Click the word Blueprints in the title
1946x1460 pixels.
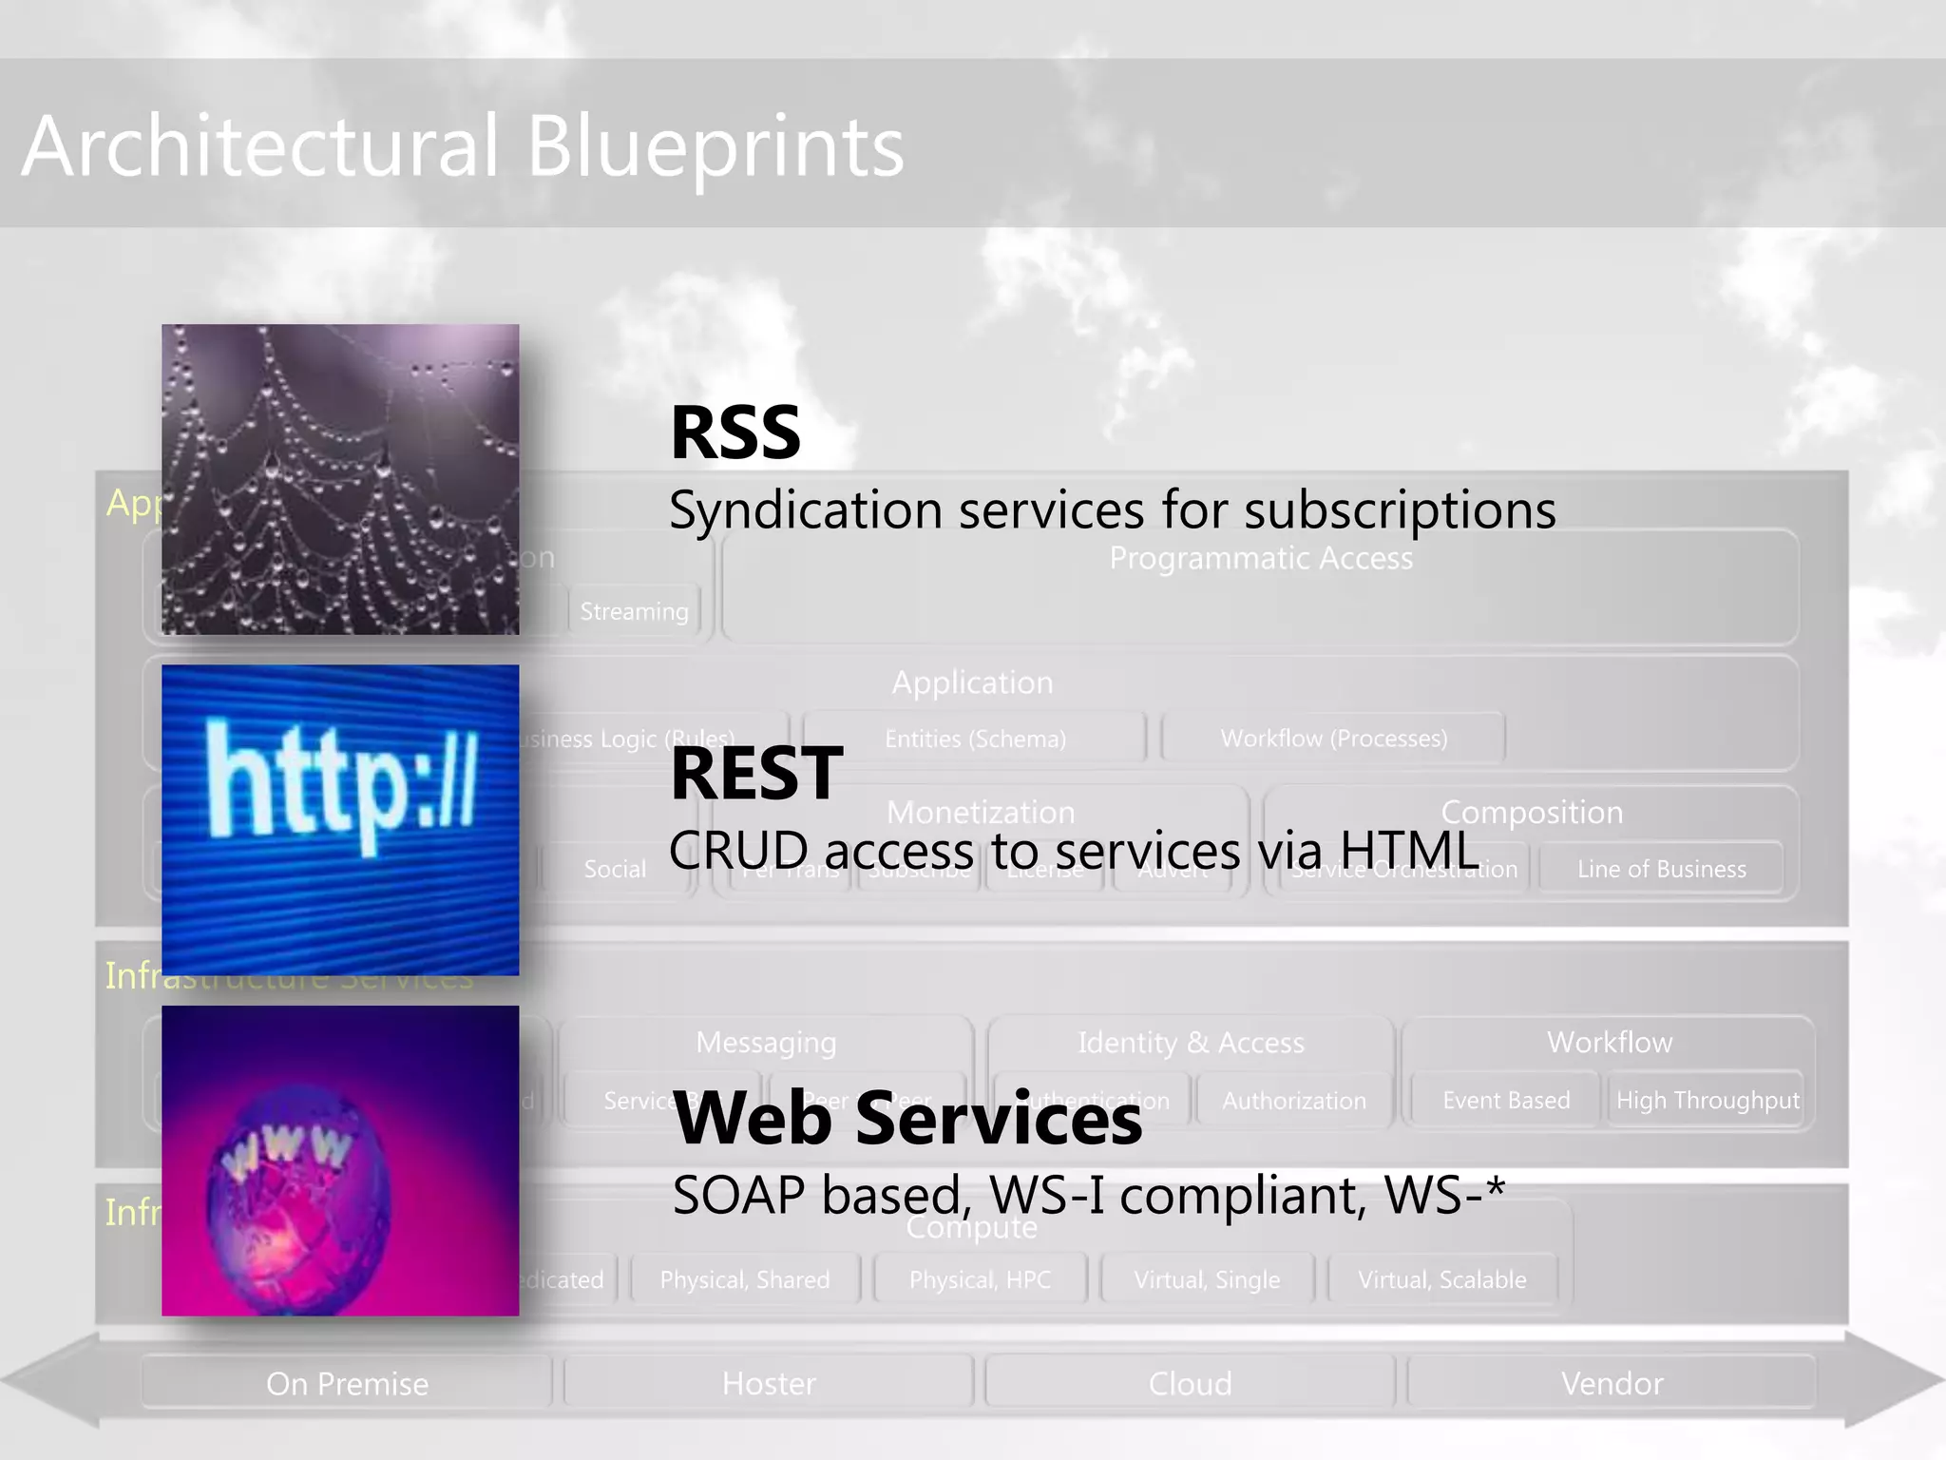715,147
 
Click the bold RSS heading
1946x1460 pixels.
735,432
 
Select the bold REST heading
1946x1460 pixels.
756,774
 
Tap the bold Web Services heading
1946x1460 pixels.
907,1119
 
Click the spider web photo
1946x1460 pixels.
340,479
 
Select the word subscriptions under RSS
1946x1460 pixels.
1400,510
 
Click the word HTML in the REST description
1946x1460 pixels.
1409,850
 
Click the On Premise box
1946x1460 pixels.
347,1383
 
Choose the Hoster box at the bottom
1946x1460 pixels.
769,1383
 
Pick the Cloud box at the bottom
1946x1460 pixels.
1190,1383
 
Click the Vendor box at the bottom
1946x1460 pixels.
1612,1383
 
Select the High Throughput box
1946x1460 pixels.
1708,1101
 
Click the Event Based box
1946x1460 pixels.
1506,1101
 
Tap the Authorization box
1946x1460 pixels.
1294,1101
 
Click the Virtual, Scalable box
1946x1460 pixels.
1441,1279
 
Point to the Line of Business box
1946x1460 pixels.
1661,869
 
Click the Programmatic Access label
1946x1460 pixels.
1261,558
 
